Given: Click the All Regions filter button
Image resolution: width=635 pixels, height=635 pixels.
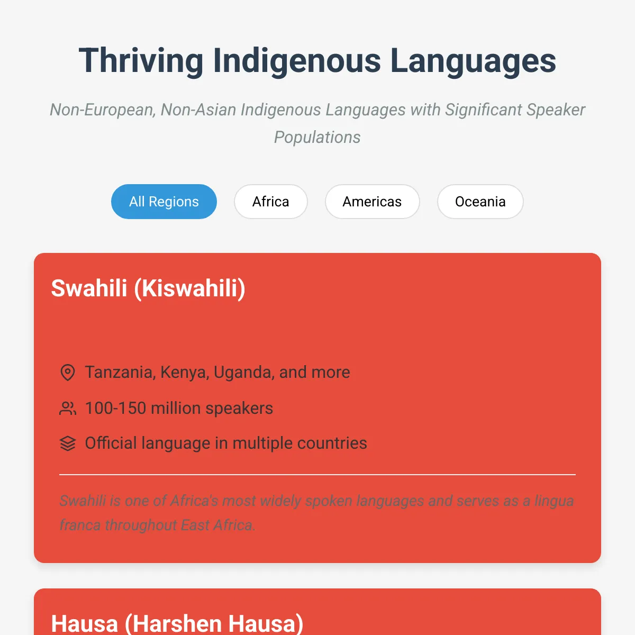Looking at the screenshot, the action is (x=164, y=201).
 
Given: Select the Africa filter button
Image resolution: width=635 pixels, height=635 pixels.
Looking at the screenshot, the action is (x=271, y=201).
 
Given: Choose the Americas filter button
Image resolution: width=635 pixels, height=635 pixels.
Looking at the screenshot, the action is (x=373, y=201).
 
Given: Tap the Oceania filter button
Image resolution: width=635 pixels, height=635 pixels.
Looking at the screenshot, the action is (x=480, y=201).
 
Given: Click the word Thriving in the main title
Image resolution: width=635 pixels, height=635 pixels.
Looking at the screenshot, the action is (x=141, y=61).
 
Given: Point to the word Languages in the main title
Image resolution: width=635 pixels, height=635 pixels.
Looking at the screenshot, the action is (x=473, y=61).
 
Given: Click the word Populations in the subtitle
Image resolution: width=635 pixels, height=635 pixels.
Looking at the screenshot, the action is (x=317, y=137).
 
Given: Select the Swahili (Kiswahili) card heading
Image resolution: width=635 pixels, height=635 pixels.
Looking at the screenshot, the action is (x=148, y=288).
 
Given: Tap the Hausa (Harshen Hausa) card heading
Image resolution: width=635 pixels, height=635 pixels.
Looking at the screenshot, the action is (x=177, y=623).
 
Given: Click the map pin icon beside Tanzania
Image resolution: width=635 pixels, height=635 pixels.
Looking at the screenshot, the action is (x=68, y=373).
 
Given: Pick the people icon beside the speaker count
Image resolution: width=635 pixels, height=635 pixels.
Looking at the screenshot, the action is (x=68, y=409).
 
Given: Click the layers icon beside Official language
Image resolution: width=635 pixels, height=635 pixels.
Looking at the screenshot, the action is (x=68, y=443).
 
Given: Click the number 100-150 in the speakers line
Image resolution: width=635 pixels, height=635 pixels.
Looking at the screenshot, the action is (x=116, y=409).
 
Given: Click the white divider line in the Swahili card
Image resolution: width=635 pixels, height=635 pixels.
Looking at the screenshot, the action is (x=317, y=475).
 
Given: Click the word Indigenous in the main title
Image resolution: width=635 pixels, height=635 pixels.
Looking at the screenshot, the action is (x=297, y=61).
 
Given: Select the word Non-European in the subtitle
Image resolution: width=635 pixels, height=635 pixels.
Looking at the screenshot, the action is (x=103, y=110).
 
